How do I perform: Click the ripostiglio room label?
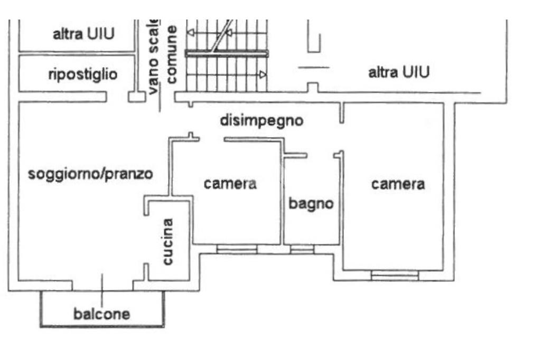(83, 74)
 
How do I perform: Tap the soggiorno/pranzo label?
(90, 174)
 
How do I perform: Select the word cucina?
(167, 242)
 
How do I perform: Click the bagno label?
(311, 203)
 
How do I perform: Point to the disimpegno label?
(262, 121)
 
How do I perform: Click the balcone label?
(102, 314)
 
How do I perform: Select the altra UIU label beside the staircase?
(399, 72)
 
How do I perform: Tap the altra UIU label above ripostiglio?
(83, 34)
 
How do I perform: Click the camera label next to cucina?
(230, 184)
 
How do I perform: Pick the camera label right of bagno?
(398, 184)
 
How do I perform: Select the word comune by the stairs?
(172, 54)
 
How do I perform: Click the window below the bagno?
(302, 249)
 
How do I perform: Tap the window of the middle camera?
(237, 249)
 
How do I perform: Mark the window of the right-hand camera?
(395, 276)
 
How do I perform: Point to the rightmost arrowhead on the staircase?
(263, 74)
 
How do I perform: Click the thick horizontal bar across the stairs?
(227, 53)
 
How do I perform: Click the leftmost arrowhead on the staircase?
(190, 33)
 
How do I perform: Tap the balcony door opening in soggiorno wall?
(102, 286)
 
